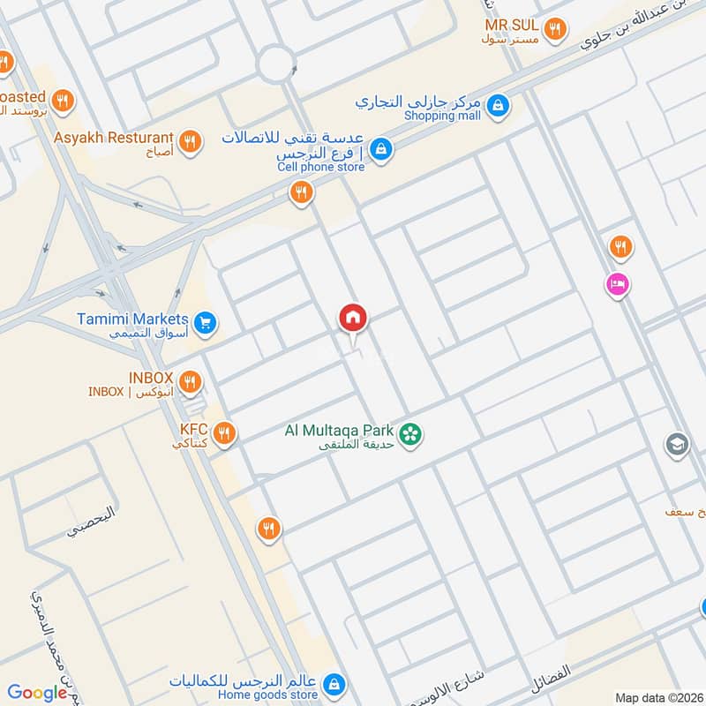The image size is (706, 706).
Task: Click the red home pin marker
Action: coord(353,318)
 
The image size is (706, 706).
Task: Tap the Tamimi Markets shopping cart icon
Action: coord(205,324)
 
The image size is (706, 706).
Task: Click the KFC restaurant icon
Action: coord(223,432)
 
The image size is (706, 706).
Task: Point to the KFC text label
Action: coord(192,430)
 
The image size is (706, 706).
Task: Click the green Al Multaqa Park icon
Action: coord(409,433)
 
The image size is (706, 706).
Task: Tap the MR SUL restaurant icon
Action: coord(554,30)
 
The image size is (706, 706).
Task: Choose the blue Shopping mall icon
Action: coord(499,106)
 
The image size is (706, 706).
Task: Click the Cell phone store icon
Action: coord(380,149)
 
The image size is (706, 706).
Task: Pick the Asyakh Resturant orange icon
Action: coord(189,140)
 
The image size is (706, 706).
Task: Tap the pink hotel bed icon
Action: coord(615,284)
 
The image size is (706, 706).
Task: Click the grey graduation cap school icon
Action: coord(677,443)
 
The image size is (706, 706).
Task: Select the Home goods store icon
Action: coord(333,683)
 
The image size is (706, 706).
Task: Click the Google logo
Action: coord(37,693)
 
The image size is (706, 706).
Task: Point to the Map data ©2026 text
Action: coord(657,697)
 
